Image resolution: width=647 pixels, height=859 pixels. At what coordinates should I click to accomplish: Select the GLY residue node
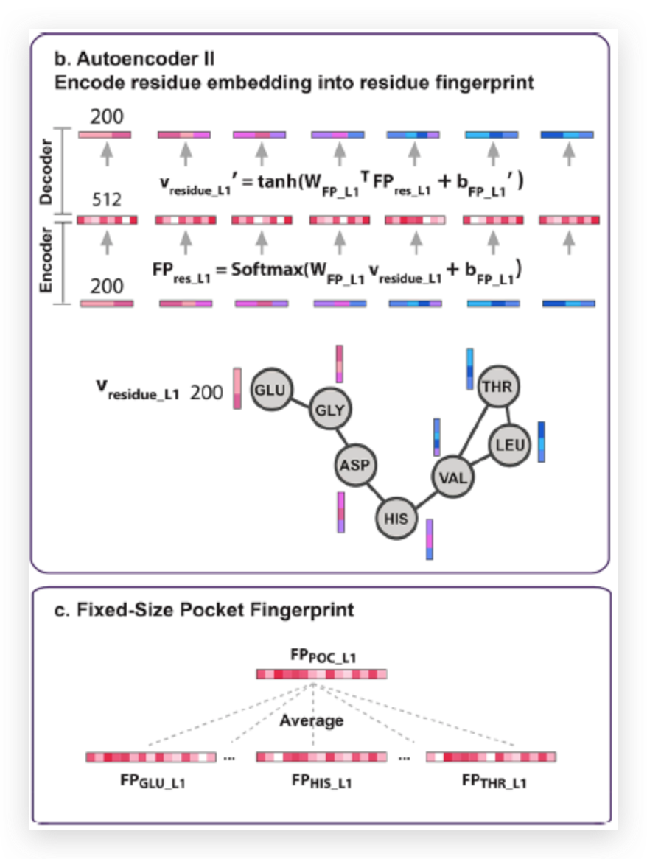tap(329, 410)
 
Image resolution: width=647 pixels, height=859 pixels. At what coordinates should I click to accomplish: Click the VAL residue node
tap(452, 477)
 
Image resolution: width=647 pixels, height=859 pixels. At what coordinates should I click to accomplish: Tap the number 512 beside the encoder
tap(105, 200)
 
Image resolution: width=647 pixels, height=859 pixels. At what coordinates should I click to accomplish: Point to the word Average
tap(311, 720)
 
